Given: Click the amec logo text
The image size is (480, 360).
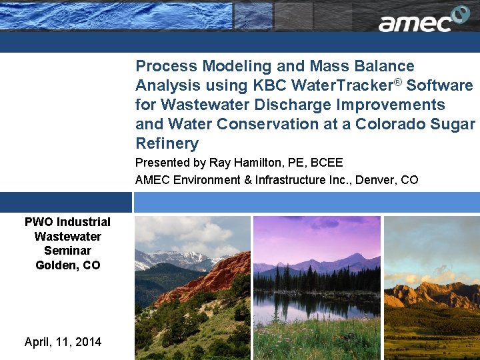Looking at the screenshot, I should coord(415,23).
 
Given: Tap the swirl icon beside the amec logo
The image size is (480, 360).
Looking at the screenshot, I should coord(461,15).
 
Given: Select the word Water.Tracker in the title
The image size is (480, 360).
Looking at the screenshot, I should coord(337,86).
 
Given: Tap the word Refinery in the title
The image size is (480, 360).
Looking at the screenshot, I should coord(167,144).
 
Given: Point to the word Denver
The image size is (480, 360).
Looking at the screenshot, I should coord(377,179).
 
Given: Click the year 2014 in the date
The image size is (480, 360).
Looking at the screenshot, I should coord(88,342).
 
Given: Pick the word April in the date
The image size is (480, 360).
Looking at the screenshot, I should coord(39,342).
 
